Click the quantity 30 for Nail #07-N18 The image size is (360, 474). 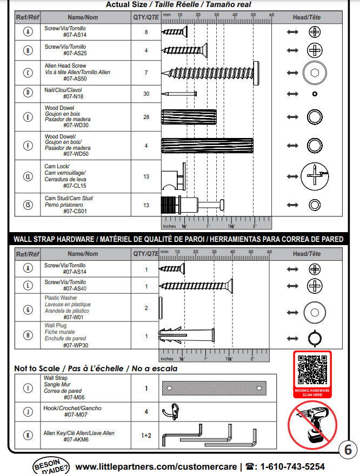point(146,94)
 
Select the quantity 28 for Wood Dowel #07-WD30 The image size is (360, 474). point(146,117)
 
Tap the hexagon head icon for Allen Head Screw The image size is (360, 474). point(314,72)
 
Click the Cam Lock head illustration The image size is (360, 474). point(314,176)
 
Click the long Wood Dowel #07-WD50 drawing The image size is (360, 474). point(207,146)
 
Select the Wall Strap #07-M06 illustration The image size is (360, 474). point(214,388)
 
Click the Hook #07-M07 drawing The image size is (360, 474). point(169,412)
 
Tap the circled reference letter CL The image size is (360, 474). point(28,176)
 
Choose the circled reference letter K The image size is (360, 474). point(28,435)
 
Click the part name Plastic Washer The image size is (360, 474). point(61,298)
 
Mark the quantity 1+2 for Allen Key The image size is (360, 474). point(146,435)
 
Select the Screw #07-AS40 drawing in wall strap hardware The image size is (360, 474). point(196,285)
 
